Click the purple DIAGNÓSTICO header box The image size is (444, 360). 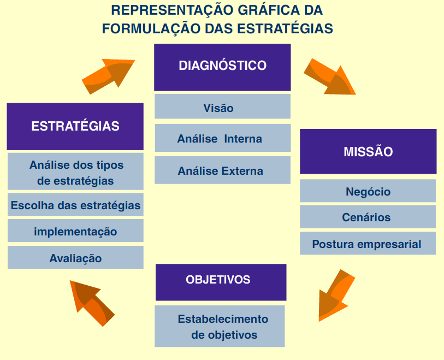(222, 67)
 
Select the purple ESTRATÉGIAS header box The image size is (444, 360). (75, 126)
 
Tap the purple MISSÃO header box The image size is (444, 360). (368, 151)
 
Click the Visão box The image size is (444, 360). (222, 107)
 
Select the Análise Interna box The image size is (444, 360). (222, 138)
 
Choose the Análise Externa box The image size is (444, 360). (222, 170)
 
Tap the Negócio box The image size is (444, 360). (368, 191)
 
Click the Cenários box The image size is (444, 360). (368, 217)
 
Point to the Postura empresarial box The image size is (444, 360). (368, 244)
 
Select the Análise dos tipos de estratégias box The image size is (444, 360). (75, 172)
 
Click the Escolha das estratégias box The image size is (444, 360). (75, 205)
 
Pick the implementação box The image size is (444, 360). (75, 231)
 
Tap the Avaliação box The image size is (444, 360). (75, 258)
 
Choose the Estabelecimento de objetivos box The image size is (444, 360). (220, 326)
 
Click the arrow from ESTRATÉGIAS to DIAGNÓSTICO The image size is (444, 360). (108, 76)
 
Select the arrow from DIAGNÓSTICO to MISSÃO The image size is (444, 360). (329, 77)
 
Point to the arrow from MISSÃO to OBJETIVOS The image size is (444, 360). (335, 296)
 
